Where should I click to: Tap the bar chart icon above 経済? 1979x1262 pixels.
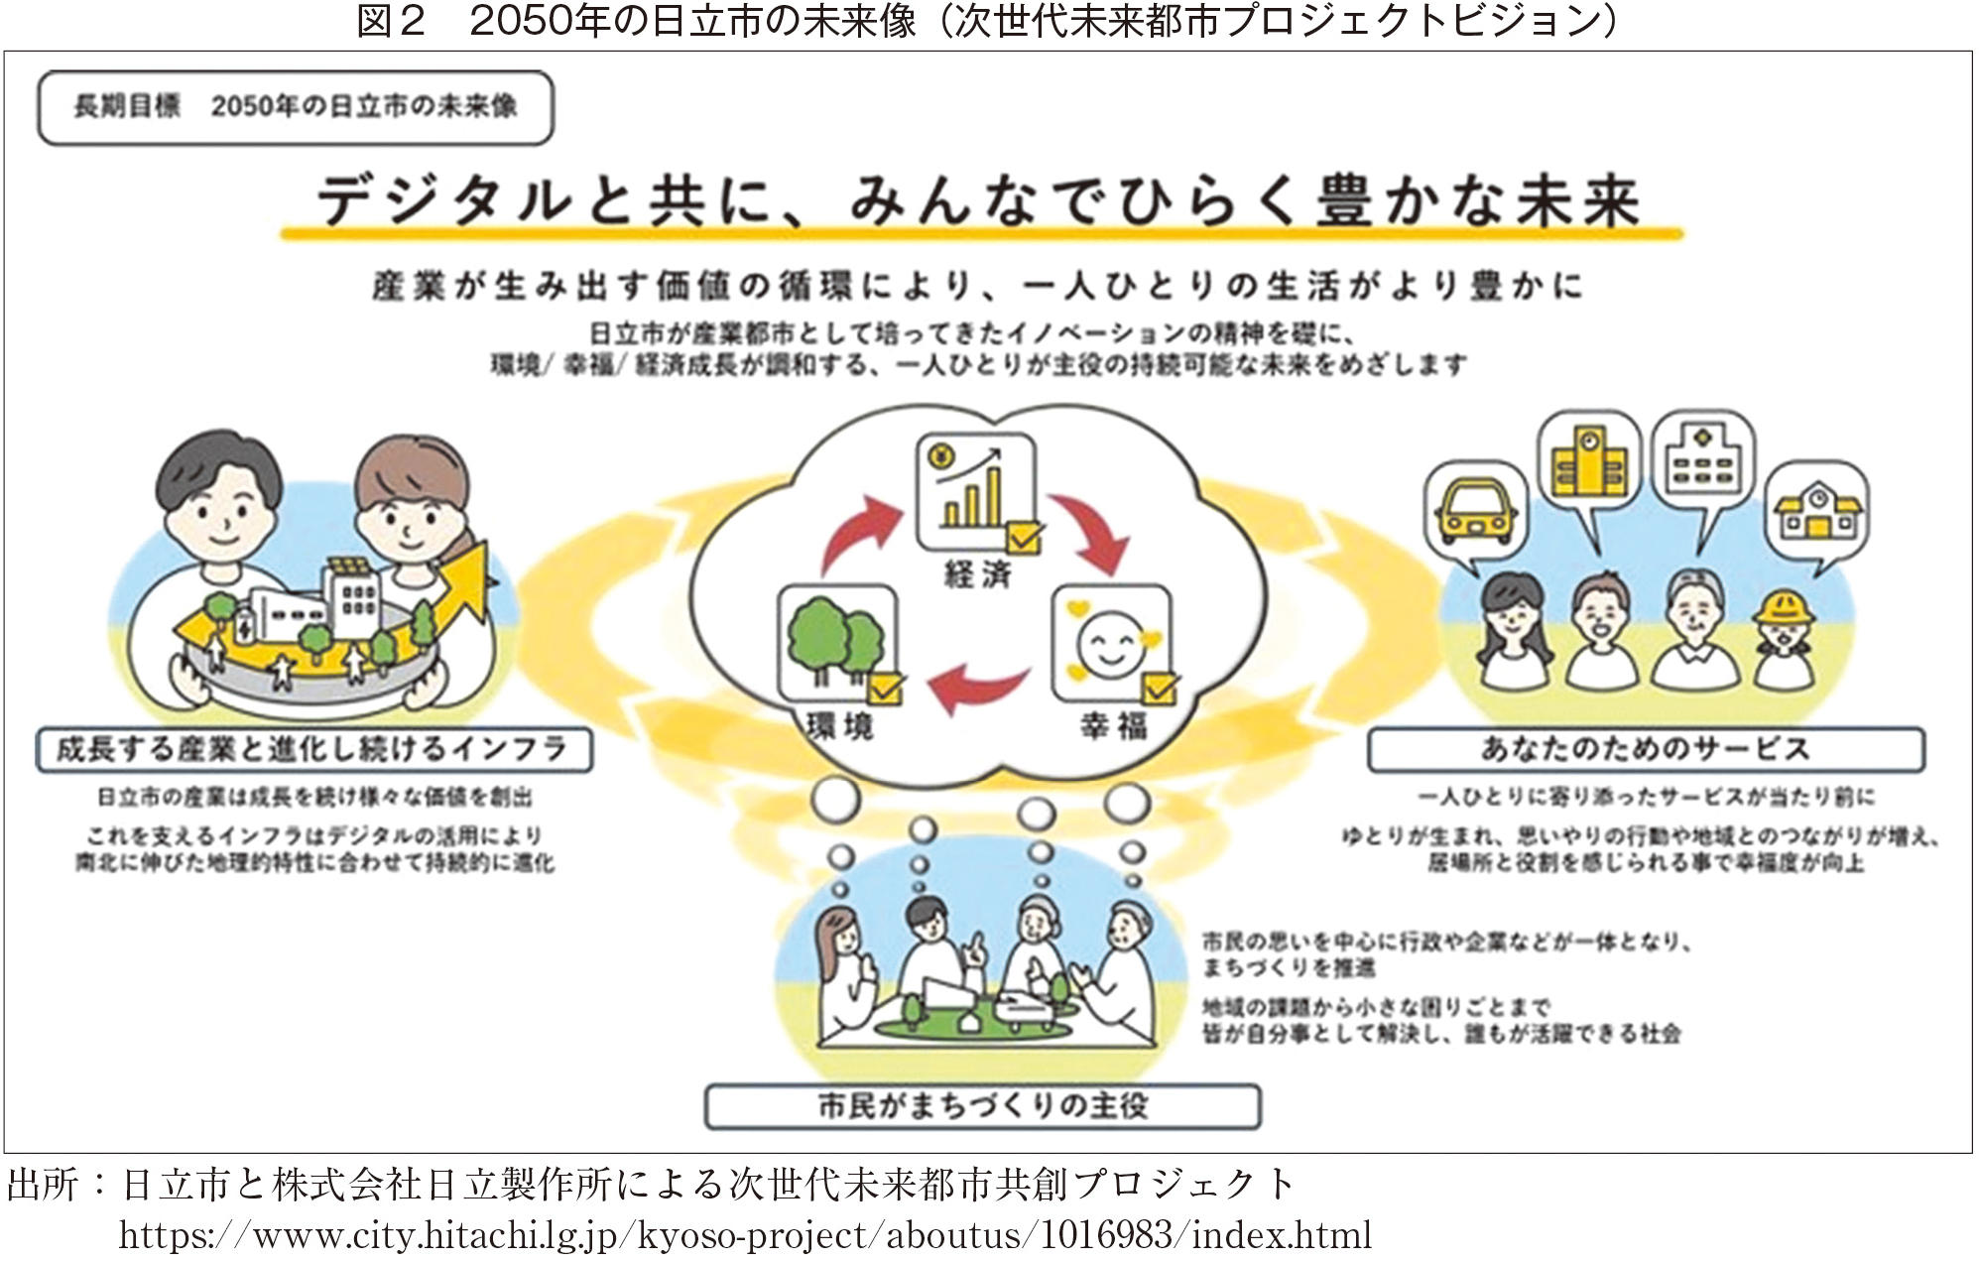tap(975, 492)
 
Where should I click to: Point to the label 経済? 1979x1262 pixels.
tap(977, 574)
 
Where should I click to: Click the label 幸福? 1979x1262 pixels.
tap(1113, 726)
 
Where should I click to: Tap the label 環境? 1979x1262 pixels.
tap(839, 726)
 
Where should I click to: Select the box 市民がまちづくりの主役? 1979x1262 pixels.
tap(982, 1105)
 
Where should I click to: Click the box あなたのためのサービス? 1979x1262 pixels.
tap(1645, 749)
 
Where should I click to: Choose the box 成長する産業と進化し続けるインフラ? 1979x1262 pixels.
tap(313, 749)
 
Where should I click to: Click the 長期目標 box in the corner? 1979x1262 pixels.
tap(295, 107)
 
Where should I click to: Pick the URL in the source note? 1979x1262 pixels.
tap(745, 1236)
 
